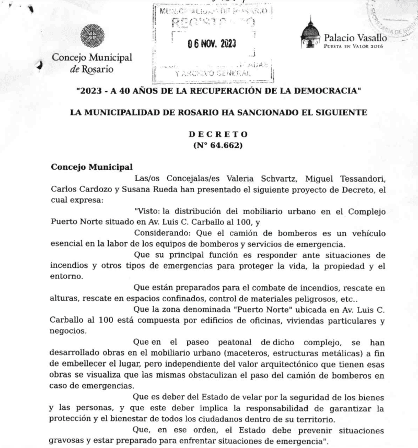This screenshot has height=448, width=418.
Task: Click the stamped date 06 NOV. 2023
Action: [212, 43]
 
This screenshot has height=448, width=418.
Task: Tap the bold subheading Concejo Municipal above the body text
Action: [91, 167]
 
